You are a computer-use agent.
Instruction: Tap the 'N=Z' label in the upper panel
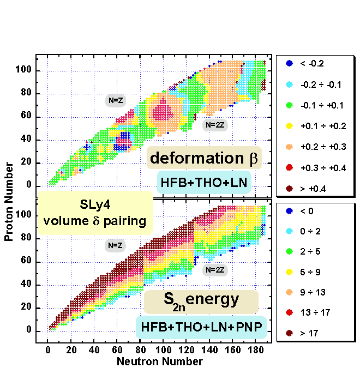pyautogui.click(x=116, y=100)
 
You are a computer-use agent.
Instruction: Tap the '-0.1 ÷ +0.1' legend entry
pyautogui.click(x=318, y=105)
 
